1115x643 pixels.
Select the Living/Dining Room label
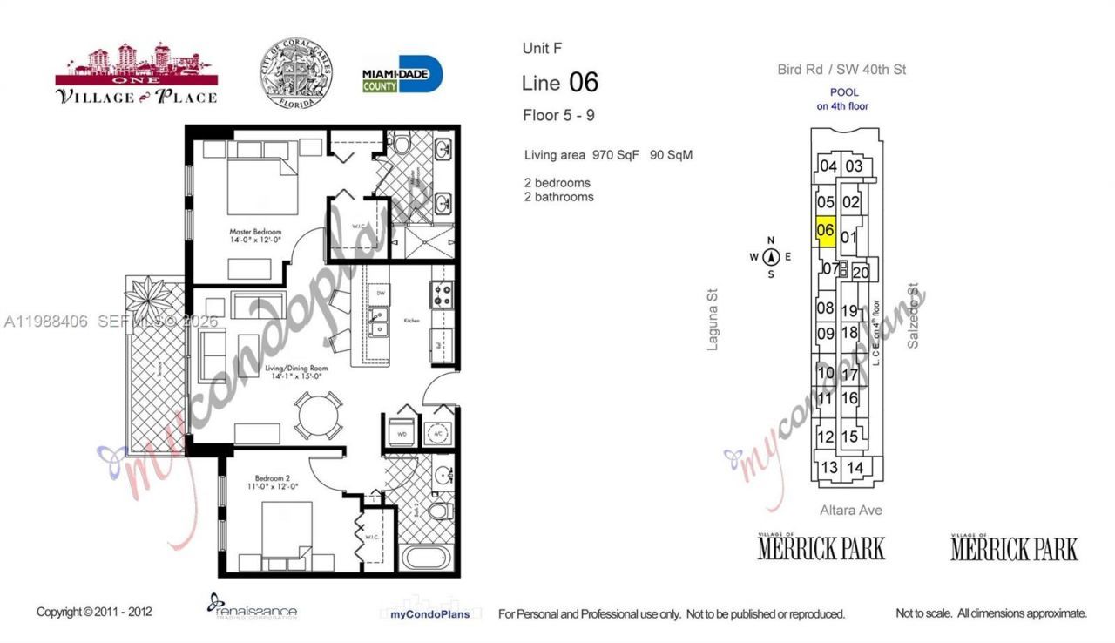(x=298, y=375)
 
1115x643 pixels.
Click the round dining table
(x=317, y=416)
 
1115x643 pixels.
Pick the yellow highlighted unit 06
(x=825, y=231)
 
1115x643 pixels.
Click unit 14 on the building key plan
(x=855, y=468)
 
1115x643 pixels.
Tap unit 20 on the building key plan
(x=861, y=272)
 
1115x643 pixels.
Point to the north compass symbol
(x=770, y=257)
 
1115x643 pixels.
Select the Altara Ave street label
(x=850, y=510)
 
